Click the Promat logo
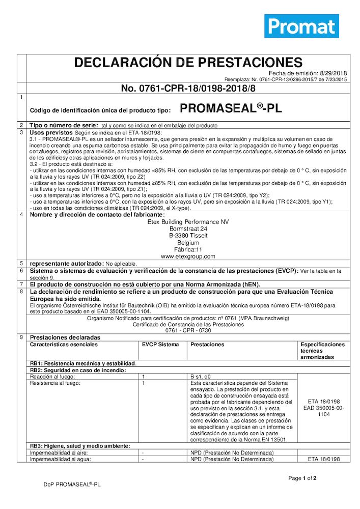coord(301,26)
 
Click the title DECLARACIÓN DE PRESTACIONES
coord(188,63)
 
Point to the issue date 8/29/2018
coord(334,73)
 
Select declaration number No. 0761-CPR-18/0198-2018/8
coord(188,88)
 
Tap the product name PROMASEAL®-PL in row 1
coord(231,108)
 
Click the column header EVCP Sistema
coord(160,345)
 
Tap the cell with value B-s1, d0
coord(200,377)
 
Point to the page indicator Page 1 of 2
coord(302,478)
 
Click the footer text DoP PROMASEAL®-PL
coord(72,485)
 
